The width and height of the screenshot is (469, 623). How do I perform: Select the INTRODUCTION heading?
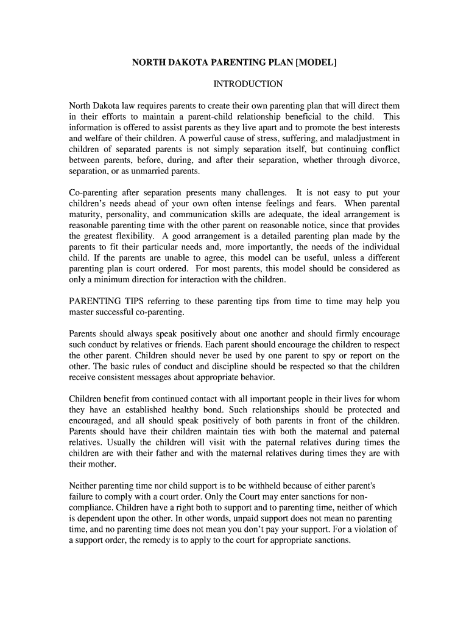click(247, 84)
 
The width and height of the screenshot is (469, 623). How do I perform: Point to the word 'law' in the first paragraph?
click(133, 105)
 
